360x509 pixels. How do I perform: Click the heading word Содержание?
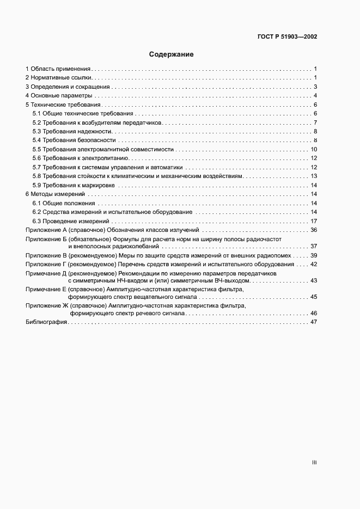[x=172, y=54]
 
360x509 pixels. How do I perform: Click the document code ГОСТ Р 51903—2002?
[x=287, y=37]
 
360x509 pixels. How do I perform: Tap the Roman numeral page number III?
[x=314, y=463]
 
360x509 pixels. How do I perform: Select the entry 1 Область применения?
[x=58, y=69]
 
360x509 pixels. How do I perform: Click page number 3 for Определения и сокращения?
[x=315, y=87]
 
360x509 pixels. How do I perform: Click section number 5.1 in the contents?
[x=37, y=113]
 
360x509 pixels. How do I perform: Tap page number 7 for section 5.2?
[x=315, y=122]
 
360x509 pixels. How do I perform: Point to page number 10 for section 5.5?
[x=314, y=149]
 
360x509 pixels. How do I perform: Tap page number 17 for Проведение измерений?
[x=314, y=222]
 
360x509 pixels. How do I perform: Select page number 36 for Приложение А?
[x=314, y=230]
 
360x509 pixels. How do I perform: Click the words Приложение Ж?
[x=46, y=306]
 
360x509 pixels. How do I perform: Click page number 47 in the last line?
[x=314, y=322]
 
